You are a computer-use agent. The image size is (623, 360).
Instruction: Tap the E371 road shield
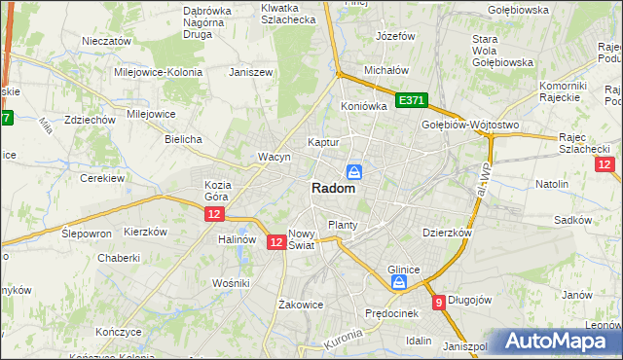[410, 100]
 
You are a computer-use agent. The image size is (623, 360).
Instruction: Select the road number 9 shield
[440, 303]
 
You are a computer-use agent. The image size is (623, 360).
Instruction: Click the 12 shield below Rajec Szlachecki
[604, 165]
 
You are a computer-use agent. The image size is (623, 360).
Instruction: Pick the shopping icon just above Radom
[355, 171]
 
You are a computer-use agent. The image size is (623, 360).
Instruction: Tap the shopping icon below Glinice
[398, 282]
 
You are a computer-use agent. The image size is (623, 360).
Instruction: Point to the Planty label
[343, 225]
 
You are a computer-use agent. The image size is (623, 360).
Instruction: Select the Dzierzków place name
[447, 233]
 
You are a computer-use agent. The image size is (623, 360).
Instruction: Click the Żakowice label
[300, 304]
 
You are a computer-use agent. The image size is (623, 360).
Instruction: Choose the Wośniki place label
[232, 282]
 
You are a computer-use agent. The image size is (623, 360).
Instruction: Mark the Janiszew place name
[248, 72]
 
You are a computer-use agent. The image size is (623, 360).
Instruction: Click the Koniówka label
[365, 106]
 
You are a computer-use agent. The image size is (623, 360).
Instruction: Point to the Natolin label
[552, 183]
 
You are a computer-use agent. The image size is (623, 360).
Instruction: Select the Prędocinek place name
[390, 313]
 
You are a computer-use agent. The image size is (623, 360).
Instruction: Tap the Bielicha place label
[183, 139]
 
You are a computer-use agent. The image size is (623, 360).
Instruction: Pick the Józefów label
[395, 36]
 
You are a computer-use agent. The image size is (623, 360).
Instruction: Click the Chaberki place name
[119, 258]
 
